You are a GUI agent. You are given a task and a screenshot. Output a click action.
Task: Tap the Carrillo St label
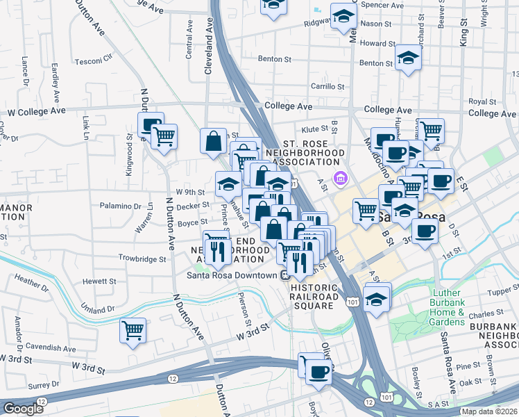pyautogui.click(x=327, y=87)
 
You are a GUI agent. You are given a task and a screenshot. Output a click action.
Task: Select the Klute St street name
pyautogui.click(x=314, y=129)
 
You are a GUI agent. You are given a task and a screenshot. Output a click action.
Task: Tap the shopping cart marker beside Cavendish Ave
pyautogui.click(x=133, y=330)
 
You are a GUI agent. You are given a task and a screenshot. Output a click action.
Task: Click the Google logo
pyautogui.click(x=23, y=408)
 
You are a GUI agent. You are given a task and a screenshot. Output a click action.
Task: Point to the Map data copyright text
pyautogui.click(x=489, y=411)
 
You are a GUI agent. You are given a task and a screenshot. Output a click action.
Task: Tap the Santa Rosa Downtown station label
pyautogui.click(x=232, y=275)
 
